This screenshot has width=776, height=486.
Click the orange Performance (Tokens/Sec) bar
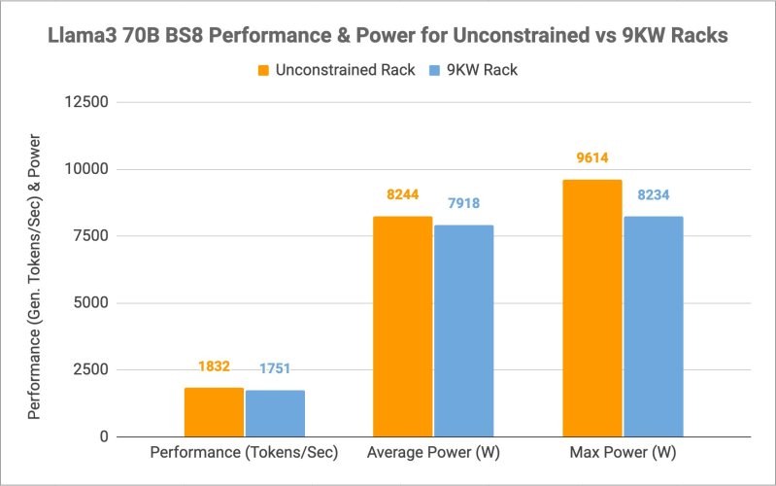214,412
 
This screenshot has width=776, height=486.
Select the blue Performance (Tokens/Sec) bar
275,414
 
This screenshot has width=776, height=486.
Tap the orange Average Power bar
402,327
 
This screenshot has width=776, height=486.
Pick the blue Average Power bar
463,330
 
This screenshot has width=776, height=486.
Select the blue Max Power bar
653,327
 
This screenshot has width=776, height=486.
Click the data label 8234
653,195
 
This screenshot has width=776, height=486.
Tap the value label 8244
402,195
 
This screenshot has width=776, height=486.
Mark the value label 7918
463,204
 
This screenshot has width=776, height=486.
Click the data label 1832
214,367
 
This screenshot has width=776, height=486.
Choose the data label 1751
275,369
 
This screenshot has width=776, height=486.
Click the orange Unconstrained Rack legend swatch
263,70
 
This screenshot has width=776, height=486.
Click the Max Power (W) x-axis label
623,453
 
